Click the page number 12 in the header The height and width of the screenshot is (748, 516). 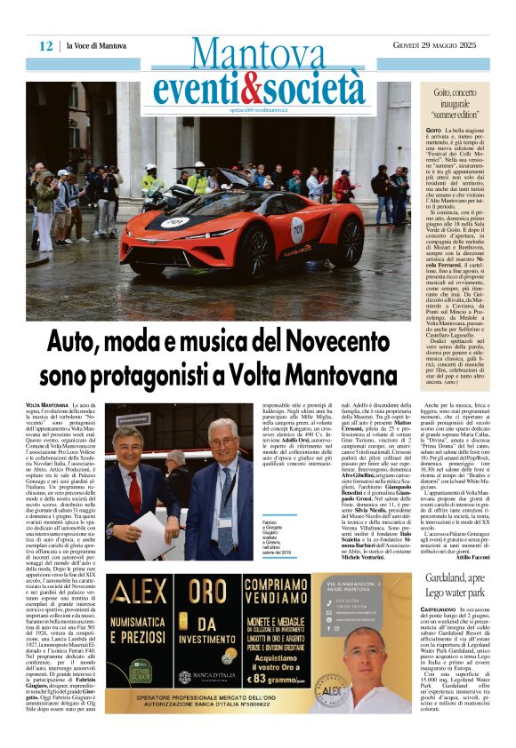pos(45,46)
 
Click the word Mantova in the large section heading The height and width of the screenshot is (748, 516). pos(259,54)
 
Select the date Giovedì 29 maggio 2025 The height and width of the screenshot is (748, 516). pos(450,46)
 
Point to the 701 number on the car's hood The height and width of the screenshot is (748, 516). pos(173,223)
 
